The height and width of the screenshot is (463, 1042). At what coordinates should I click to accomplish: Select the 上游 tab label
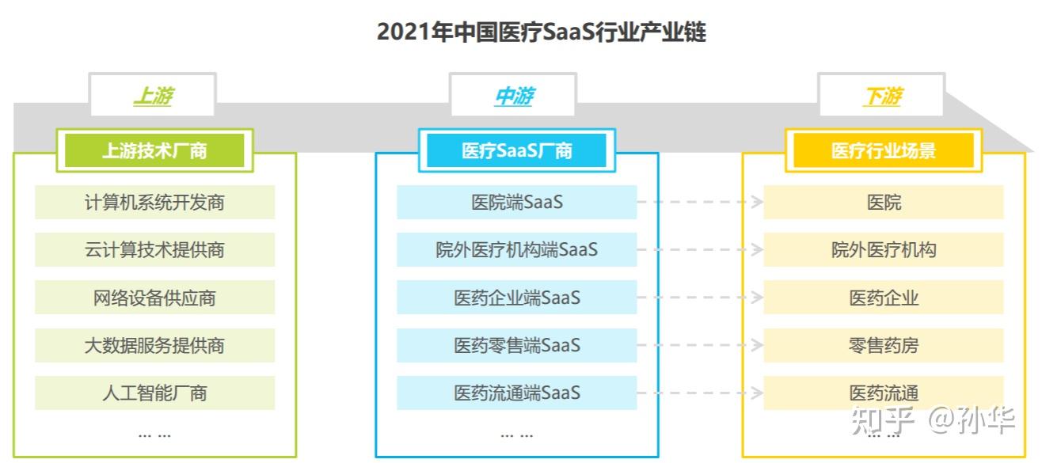[152, 97]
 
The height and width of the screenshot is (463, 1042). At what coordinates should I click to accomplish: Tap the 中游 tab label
[513, 97]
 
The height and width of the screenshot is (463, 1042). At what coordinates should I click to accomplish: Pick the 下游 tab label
[881, 97]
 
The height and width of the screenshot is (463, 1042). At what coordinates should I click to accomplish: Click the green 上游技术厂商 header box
[154, 150]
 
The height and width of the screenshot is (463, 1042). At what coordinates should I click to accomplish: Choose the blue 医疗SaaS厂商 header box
[516, 150]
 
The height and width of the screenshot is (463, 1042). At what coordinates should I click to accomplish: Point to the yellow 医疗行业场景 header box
[883, 150]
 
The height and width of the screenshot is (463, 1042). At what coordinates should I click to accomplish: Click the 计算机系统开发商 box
[154, 203]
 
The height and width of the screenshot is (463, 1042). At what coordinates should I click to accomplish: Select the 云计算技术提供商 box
[154, 250]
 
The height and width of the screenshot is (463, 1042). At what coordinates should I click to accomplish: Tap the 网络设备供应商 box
[154, 298]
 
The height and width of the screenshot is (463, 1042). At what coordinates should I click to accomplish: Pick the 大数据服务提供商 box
[154, 345]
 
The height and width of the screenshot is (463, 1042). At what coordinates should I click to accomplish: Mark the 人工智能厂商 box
[154, 393]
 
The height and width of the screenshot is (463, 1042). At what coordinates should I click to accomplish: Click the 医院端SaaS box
[516, 203]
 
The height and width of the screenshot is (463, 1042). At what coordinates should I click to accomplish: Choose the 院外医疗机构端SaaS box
[516, 250]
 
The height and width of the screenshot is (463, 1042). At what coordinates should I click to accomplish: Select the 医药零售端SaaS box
[516, 345]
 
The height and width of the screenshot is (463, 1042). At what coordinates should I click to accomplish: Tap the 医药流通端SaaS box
[516, 393]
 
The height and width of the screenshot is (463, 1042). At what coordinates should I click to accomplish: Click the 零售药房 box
[883, 345]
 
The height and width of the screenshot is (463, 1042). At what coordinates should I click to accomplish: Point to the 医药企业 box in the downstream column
[883, 298]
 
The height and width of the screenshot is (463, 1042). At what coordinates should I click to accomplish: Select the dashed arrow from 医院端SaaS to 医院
[700, 202]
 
